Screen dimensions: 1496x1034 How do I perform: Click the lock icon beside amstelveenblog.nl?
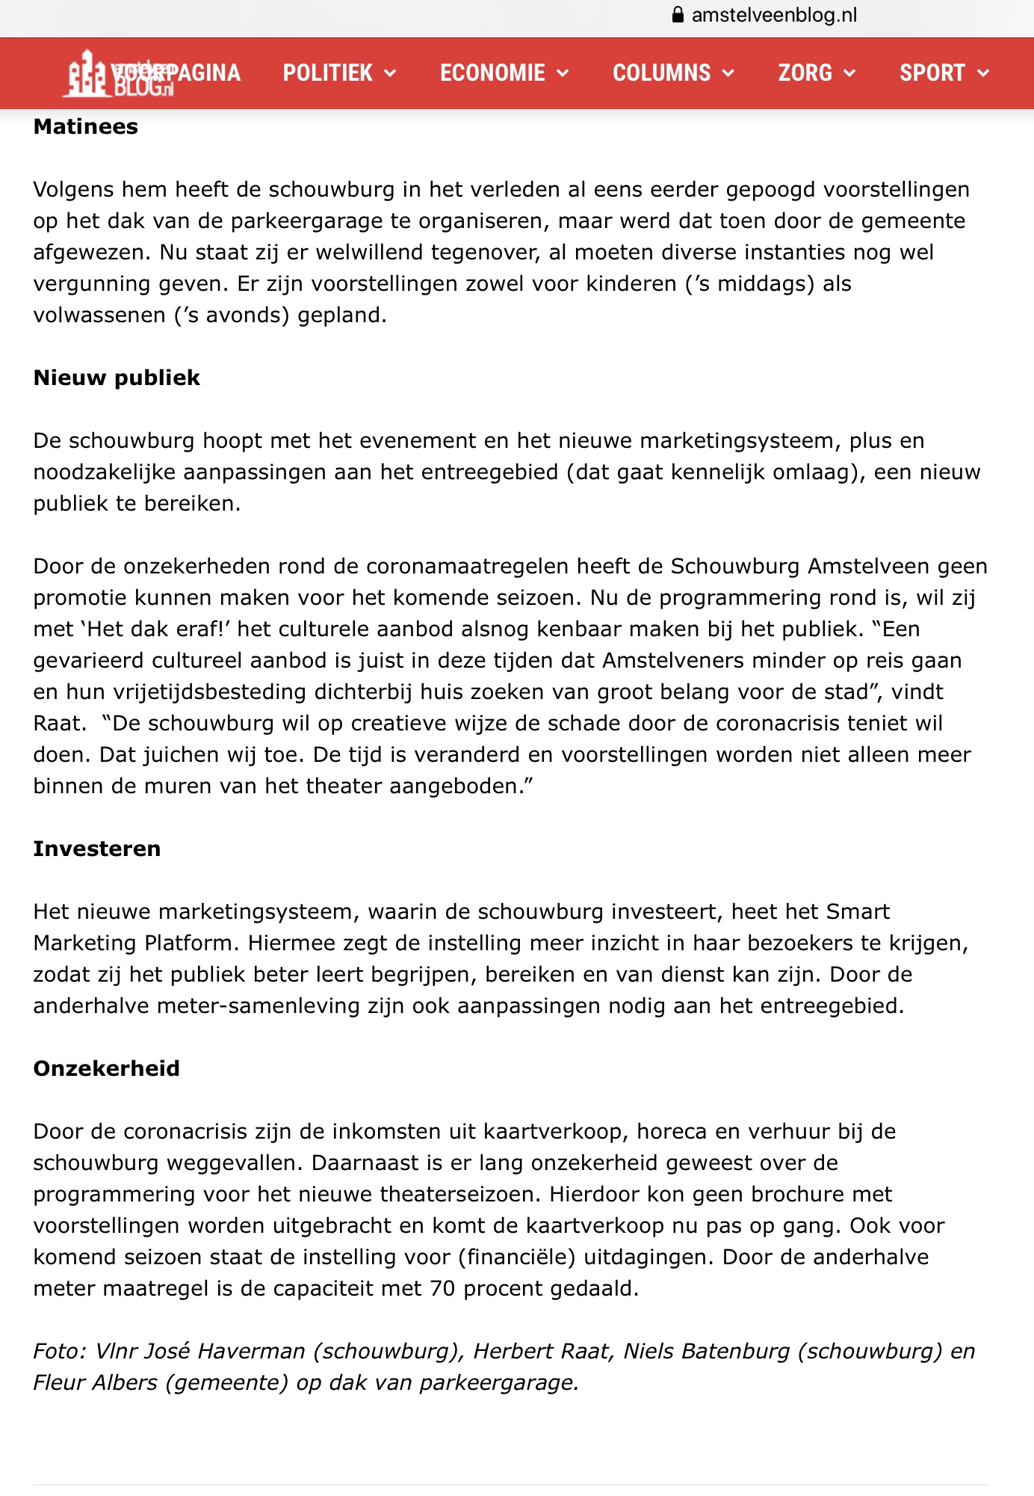tap(678, 15)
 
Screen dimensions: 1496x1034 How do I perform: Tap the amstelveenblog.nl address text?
tap(774, 15)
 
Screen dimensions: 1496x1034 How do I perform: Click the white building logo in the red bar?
tap(87, 73)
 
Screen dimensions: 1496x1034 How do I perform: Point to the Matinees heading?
tap(86, 127)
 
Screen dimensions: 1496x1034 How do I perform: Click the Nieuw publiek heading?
tap(117, 378)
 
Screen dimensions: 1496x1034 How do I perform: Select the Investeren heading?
tap(97, 849)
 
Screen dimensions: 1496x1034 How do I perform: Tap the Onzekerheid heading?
tap(107, 1069)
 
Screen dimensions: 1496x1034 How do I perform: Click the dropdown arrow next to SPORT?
tap(983, 73)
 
